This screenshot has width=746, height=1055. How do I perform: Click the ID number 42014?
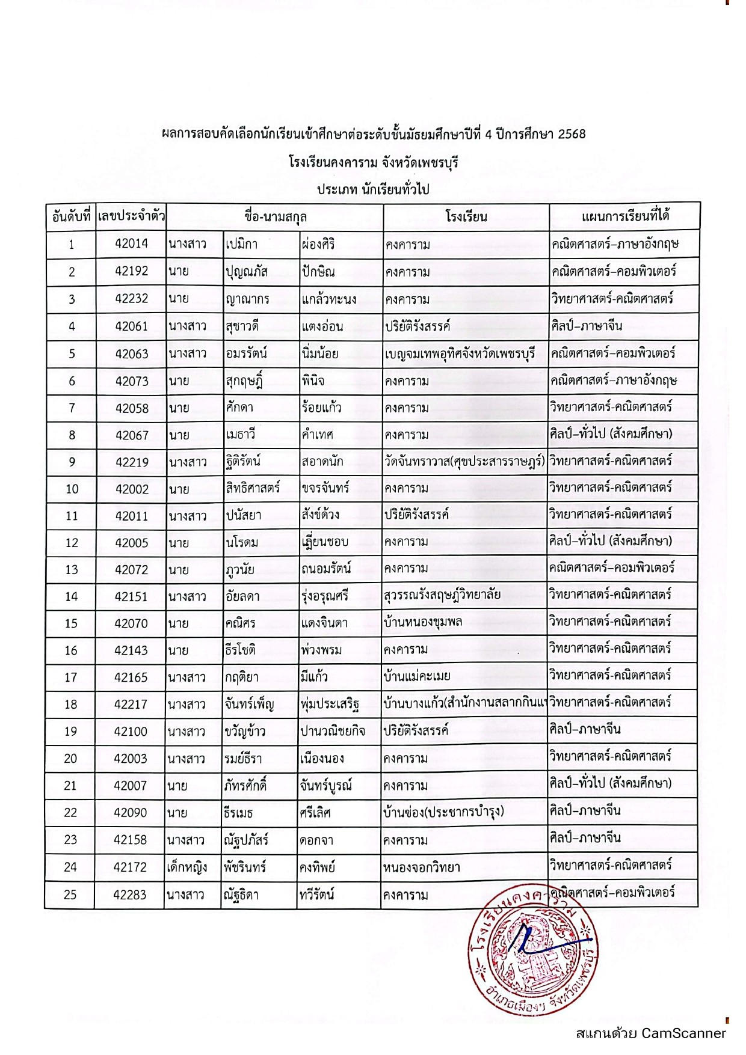pyautogui.click(x=131, y=243)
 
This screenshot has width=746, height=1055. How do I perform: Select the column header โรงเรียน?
pyautogui.click(x=466, y=216)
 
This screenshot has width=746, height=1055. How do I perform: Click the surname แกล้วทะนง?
pyautogui.click(x=328, y=299)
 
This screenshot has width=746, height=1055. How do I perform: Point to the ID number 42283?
pyautogui.click(x=129, y=894)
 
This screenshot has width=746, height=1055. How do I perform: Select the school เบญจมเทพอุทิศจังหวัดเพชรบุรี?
pyautogui.click(x=460, y=353)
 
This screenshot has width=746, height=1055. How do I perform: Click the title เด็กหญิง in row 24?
pyautogui.click(x=186, y=867)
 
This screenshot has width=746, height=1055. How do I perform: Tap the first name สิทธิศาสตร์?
pyautogui.click(x=253, y=488)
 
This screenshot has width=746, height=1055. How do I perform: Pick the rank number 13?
pyautogui.click(x=72, y=570)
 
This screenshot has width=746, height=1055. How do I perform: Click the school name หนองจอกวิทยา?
pyautogui.click(x=421, y=867)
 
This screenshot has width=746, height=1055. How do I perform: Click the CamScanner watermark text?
pyautogui.click(x=651, y=1033)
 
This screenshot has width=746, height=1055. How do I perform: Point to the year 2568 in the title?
pyautogui.click(x=572, y=134)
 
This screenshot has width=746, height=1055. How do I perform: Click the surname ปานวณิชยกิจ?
pyautogui.click(x=332, y=731)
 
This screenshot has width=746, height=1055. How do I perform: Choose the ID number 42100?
pyautogui.click(x=131, y=732)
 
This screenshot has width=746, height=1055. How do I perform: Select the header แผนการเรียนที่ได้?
pyautogui.click(x=625, y=216)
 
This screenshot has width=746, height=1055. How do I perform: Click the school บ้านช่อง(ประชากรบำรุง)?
pyautogui.click(x=443, y=813)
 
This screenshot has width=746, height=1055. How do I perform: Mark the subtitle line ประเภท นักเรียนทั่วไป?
pyautogui.click(x=373, y=189)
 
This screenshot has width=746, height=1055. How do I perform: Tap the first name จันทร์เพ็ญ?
pyautogui.click(x=248, y=704)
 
